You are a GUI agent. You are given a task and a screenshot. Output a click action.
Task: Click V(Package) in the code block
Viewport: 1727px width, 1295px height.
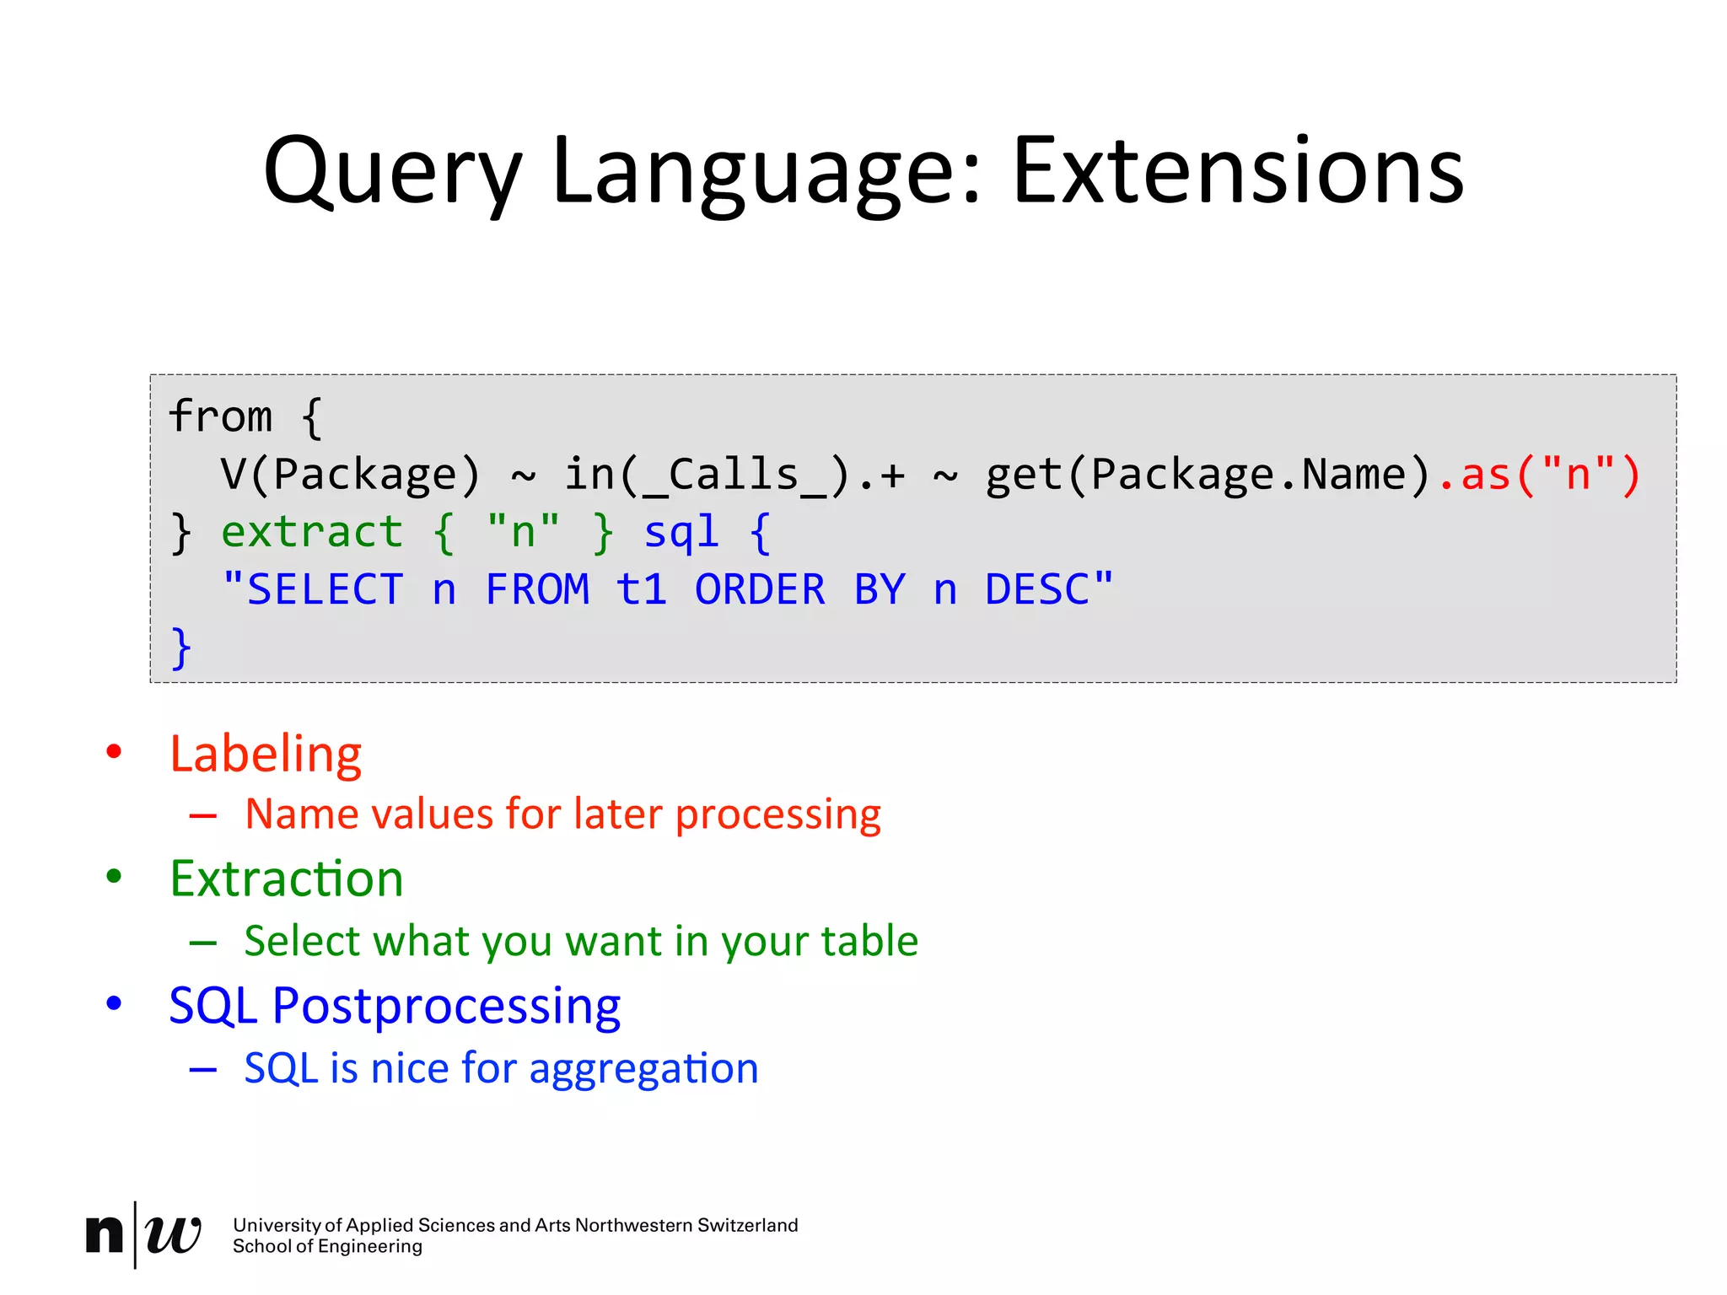[x=350, y=474]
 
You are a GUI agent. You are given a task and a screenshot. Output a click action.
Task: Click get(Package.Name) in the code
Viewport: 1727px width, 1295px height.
[x=1208, y=474]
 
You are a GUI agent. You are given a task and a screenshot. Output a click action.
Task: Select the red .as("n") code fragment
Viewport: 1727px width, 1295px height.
[x=1539, y=474]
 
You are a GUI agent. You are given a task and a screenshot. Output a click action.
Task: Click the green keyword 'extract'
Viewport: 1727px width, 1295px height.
[x=312, y=532]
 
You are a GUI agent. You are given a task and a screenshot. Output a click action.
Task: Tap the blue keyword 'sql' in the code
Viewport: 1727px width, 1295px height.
[x=681, y=532]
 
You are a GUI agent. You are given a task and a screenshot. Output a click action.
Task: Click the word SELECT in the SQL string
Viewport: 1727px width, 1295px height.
[x=325, y=589]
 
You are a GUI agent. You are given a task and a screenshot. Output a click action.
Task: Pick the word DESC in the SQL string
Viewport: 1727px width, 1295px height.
[x=1037, y=589]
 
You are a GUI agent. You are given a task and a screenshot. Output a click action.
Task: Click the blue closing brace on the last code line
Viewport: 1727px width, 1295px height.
[x=181, y=647]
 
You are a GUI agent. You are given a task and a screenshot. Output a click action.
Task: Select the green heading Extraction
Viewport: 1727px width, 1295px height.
[x=287, y=879]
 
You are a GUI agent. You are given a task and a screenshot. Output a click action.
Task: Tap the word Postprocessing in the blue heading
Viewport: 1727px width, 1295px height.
[x=446, y=1006]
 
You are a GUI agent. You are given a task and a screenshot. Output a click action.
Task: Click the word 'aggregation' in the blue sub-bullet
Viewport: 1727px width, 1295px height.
[x=644, y=1068]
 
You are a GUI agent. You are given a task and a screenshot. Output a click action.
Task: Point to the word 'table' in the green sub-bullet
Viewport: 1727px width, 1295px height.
[x=869, y=940]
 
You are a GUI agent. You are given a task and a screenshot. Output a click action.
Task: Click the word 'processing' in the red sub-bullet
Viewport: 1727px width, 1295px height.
[x=777, y=814]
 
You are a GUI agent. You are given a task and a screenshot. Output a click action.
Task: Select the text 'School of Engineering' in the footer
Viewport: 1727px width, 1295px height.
[x=327, y=1247]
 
